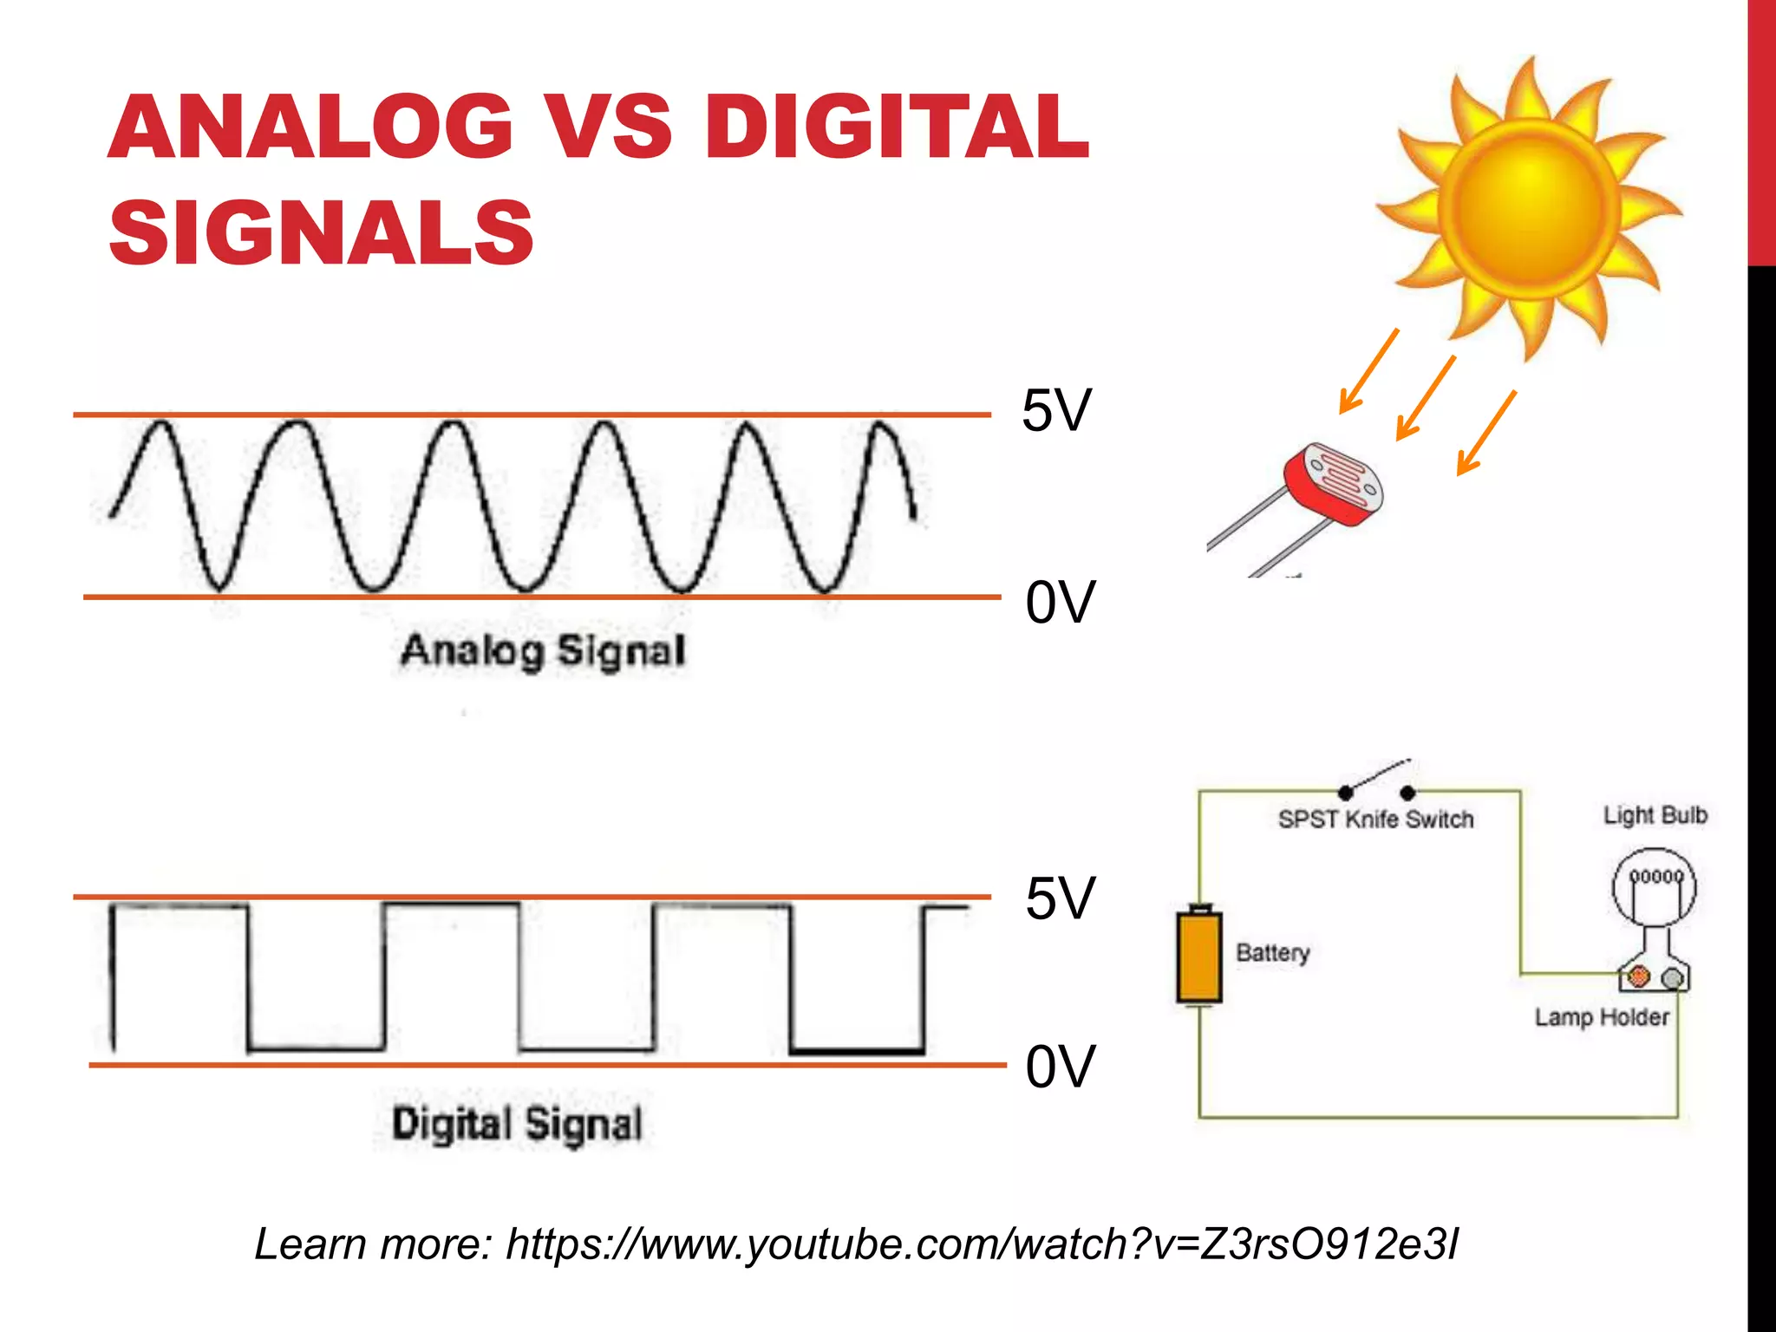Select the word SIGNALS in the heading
321,232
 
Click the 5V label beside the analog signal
1055,410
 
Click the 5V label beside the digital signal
1060,898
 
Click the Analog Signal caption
543,650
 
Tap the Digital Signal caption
517,1124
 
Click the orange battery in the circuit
1199,957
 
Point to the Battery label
1272,952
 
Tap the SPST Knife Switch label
1375,819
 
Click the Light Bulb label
1655,815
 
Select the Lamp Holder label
1602,1017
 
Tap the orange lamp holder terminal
1637,977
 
